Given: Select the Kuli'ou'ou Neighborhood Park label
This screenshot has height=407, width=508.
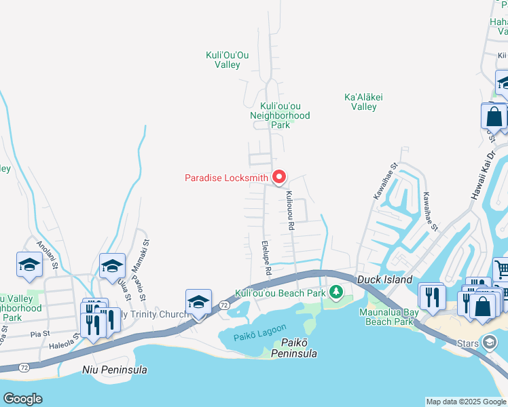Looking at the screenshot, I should [x=285, y=115].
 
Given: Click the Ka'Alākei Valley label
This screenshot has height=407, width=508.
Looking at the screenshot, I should [x=364, y=102].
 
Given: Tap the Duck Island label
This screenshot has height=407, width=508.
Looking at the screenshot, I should [x=384, y=279].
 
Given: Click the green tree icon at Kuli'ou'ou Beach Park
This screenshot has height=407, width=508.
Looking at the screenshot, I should [x=335, y=292].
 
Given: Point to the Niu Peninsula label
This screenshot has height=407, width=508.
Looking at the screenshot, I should [x=114, y=370].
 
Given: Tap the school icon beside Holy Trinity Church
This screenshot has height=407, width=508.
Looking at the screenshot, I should [x=198, y=302].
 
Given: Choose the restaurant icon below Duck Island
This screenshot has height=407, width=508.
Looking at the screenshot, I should [x=432, y=296].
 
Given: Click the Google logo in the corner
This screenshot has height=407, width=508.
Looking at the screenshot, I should [x=22, y=399].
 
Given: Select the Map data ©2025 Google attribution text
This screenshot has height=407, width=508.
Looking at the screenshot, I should [x=466, y=402].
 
